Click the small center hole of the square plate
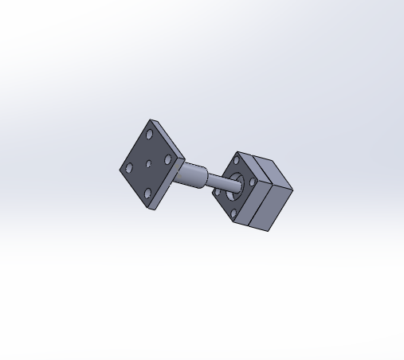click(x=149, y=164)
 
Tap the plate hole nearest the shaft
click(x=168, y=160)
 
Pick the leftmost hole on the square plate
click(x=129, y=169)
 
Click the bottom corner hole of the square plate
click(x=148, y=192)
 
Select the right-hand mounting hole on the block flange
click(x=253, y=182)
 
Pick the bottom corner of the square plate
click(x=152, y=209)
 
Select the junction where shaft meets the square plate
click(x=182, y=169)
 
